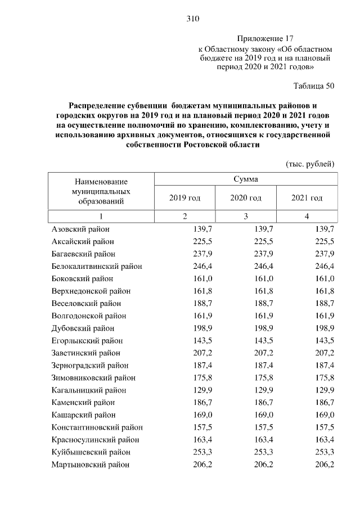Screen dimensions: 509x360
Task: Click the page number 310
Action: coord(193,19)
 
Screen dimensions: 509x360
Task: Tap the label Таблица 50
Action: coord(314,86)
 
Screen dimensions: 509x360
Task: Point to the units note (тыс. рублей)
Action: coord(310,164)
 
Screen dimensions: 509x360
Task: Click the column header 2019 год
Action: coord(184,198)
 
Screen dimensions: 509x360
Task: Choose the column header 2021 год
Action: coord(307,198)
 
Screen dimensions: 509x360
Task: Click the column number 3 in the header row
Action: coord(246,217)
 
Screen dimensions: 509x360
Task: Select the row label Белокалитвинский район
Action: coord(97,267)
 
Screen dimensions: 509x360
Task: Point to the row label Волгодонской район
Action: coord(88,316)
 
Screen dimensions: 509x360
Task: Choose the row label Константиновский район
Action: coord(97,427)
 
